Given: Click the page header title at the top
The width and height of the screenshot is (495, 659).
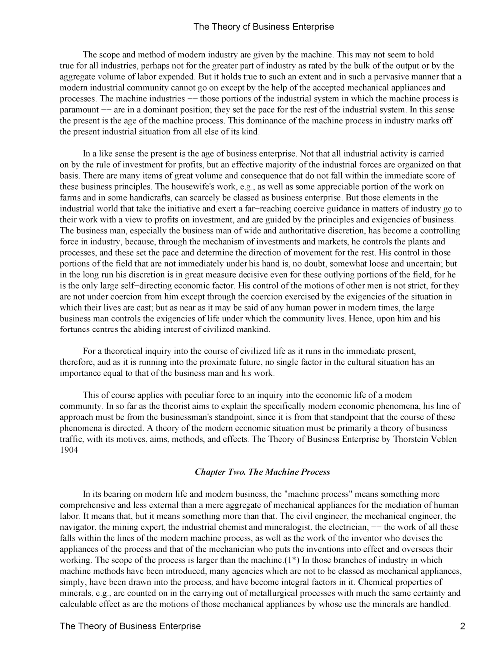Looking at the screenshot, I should (x=263, y=27).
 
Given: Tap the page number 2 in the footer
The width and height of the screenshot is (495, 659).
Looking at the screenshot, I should (x=462, y=626).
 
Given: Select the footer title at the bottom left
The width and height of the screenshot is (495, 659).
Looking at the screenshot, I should (x=130, y=626).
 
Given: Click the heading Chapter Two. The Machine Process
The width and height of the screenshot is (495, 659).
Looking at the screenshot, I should (x=262, y=472).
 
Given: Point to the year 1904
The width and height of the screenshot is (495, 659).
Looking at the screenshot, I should (x=69, y=450).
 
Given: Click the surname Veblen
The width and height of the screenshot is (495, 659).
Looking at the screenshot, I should (x=443, y=439).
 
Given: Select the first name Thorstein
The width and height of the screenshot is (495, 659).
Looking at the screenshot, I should (x=410, y=439).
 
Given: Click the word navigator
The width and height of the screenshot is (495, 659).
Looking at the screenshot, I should (x=77, y=527).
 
